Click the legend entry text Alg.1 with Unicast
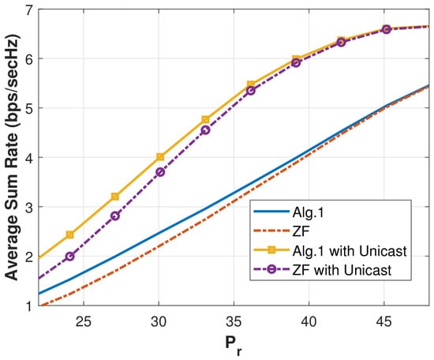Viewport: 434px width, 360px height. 350,251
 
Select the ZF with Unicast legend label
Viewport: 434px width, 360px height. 342,270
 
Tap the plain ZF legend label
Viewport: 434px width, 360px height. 301,231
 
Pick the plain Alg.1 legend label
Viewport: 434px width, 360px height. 308,213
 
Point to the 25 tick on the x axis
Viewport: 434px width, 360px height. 84,321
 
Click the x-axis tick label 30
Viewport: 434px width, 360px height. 159,321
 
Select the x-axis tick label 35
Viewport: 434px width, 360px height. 234,321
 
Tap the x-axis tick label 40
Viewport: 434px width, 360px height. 309,321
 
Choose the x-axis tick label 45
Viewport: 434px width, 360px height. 384,321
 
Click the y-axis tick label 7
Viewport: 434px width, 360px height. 29,10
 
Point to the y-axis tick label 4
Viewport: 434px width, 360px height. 29,158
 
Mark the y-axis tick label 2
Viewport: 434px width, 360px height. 29,257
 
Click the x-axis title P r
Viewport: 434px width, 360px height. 234,345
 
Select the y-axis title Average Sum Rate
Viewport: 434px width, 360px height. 12,157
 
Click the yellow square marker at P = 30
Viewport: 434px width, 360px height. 160,157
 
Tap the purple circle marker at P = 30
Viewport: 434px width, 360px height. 160,172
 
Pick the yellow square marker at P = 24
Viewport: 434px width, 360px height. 70,234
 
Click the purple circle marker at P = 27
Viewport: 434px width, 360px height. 115,216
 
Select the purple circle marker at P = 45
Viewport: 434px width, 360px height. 387,29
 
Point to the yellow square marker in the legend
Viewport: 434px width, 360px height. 271,250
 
